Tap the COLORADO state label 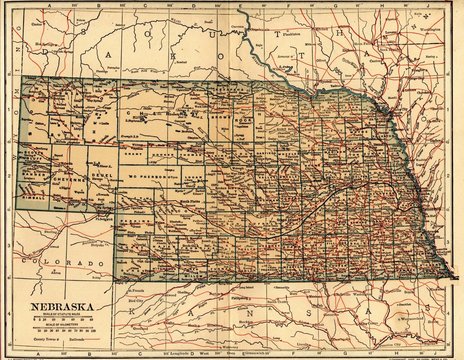coord(65,263)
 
